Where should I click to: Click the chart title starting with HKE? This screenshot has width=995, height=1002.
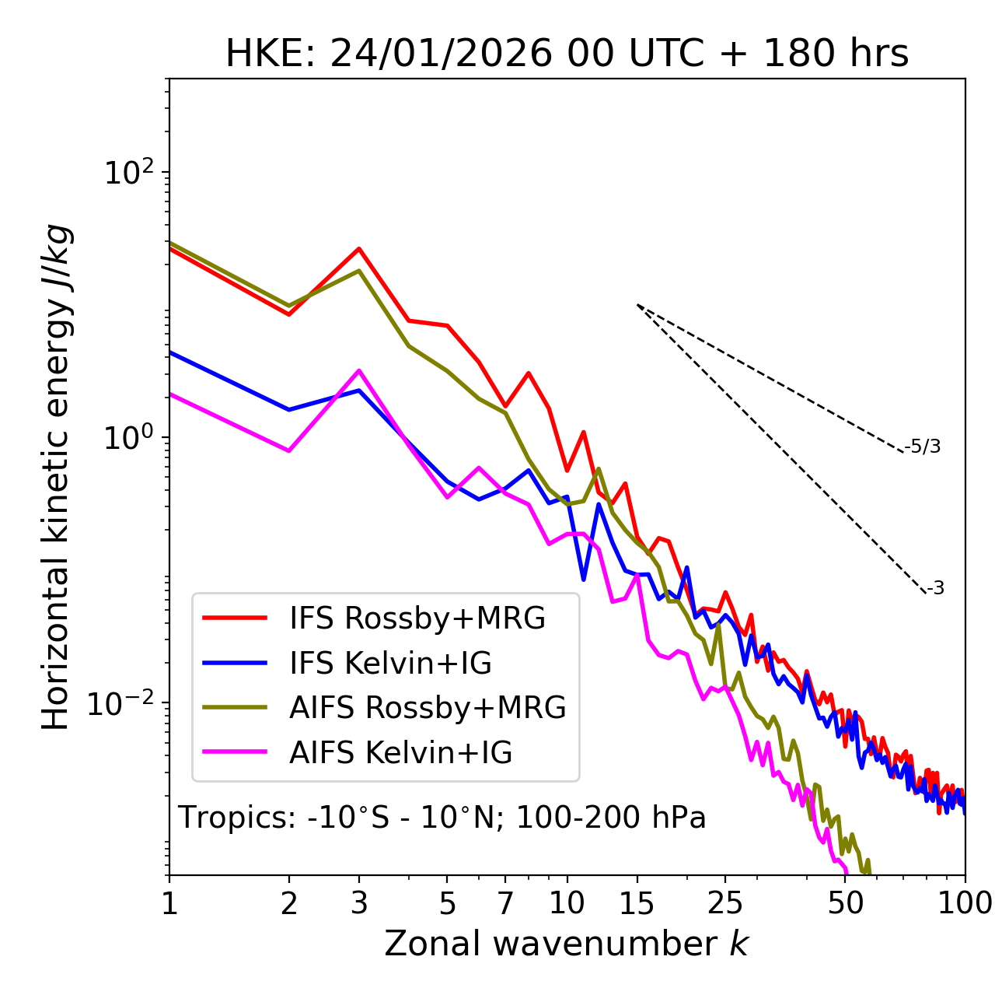click(x=567, y=54)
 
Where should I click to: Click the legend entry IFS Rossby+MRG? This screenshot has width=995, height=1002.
click(x=417, y=618)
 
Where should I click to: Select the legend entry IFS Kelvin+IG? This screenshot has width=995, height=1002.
click(x=390, y=664)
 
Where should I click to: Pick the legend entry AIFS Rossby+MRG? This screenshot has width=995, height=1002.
click(x=428, y=708)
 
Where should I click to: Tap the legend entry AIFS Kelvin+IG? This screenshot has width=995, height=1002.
click(x=400, y=753)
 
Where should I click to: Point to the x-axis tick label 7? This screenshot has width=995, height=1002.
click(x=505, y=903)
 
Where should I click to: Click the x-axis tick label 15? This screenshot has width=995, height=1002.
click(x=637, y=903)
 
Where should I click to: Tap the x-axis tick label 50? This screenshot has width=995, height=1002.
click(x=846, y=903)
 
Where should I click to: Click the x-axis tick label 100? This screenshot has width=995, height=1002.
click(x=965, y=903)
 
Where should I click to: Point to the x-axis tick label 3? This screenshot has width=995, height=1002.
click(x=359, y=903)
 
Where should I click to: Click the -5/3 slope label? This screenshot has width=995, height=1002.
click(x=923, y=447)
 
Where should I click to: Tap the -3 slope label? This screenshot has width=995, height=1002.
click(x=935, y=589)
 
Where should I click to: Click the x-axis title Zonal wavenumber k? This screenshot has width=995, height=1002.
click(x=566, y=944)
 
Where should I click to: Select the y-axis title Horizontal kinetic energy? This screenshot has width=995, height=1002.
click(x=56, y=478)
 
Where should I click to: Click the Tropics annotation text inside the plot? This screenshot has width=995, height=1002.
click(x=442, y=818)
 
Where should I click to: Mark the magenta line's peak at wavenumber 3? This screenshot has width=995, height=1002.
click(x=359, y=370)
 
